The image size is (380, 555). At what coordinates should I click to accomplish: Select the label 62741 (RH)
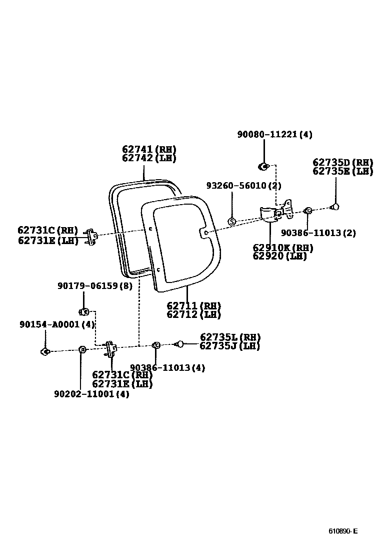149,149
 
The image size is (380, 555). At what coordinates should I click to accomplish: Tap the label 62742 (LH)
149,158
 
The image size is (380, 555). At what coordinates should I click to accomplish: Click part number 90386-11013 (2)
318,233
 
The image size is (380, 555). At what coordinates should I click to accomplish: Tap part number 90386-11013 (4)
167,368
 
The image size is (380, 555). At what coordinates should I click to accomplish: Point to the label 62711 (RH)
193,306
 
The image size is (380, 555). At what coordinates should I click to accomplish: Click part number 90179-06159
94,286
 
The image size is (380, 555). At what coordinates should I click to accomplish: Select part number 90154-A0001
57,324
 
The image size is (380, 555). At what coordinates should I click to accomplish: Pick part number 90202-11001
91,394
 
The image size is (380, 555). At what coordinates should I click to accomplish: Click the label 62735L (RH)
230,337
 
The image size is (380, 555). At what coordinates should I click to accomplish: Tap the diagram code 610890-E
343,531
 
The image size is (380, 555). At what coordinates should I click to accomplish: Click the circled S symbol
231,221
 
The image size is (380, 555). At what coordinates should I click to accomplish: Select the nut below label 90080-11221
263,166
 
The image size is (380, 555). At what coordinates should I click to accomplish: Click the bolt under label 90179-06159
84,312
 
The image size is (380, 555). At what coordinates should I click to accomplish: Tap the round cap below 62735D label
335,206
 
